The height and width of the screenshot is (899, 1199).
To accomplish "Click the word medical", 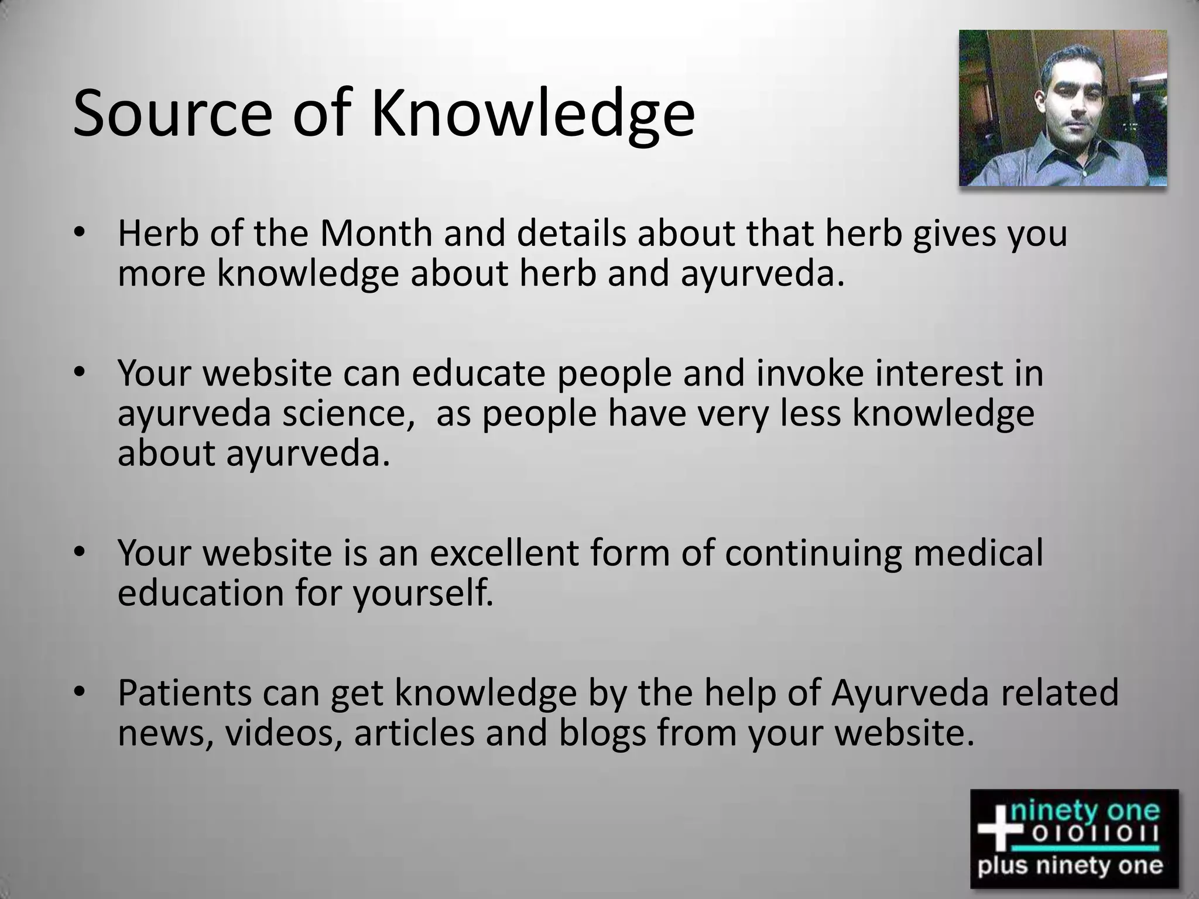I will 978,553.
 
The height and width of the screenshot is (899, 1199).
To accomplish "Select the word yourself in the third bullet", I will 423,593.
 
